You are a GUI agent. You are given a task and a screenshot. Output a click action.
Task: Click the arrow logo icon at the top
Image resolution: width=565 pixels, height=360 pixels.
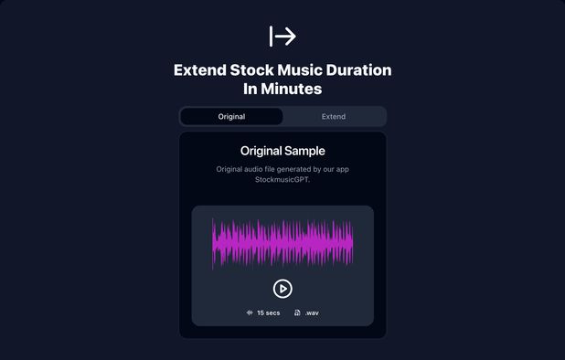coord(282,36)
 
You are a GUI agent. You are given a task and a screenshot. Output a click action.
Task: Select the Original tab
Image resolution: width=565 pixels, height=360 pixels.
coord(231,117)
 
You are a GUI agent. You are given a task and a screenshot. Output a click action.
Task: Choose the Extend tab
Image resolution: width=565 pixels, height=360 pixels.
coord(334,117)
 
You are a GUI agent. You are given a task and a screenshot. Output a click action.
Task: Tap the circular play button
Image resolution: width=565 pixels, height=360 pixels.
coord(282,288)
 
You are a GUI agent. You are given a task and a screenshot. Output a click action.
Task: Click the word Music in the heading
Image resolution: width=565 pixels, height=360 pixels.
coord(308,70)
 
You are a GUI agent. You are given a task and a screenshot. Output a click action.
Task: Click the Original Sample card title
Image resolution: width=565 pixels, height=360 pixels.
coord(282,151)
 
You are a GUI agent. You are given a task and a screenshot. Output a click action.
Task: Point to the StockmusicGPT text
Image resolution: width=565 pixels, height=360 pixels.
coord(282,180)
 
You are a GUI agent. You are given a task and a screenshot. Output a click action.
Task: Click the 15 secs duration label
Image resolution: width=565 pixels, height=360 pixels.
coord(268,312)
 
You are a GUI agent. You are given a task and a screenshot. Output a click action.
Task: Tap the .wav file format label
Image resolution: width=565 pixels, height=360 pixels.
coord(312,312)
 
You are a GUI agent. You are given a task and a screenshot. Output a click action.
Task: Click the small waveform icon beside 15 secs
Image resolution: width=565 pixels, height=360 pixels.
coord(250,312)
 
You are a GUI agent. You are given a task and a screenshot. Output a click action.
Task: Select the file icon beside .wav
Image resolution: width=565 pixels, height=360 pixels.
coord(297,312)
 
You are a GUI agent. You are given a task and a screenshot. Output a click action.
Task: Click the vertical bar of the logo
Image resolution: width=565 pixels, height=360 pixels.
coord(271,36)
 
